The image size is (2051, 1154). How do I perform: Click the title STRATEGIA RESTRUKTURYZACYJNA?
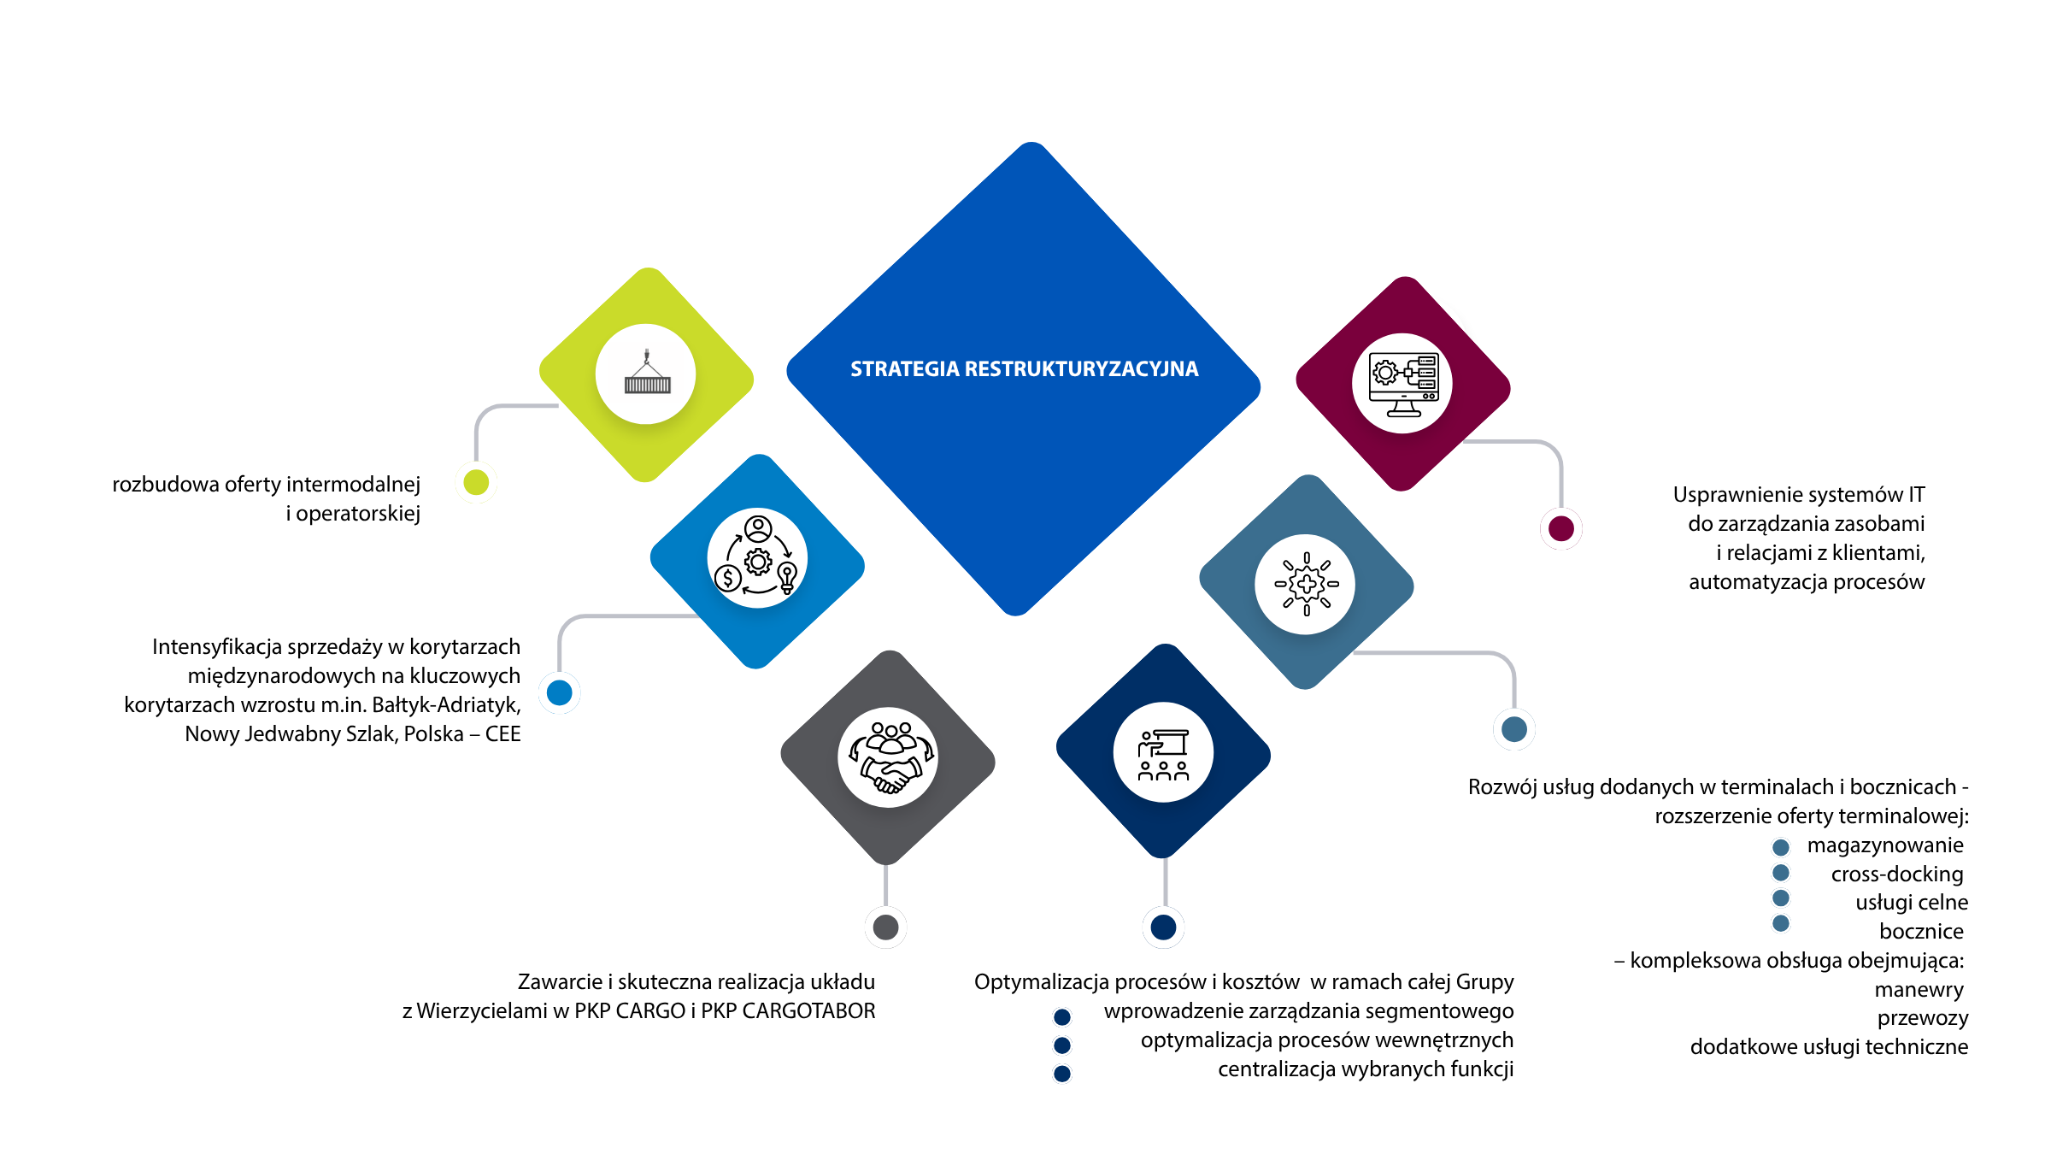tap(1024, 369)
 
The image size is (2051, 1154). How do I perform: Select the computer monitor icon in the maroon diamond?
tap(1403, 385)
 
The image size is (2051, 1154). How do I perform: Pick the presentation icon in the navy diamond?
tap(1163, 755)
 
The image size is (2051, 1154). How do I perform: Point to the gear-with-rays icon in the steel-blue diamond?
tap(1306, 585)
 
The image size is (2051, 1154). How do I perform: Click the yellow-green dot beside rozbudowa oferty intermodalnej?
tap(476, 482)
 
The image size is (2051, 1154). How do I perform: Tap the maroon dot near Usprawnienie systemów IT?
tap(1561, 528)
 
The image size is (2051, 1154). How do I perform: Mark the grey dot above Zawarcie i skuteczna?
tap(886, 927)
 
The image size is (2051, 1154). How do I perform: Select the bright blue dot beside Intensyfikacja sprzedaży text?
tap(560, 692)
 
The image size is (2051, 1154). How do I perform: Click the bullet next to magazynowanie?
tap(1781, 847)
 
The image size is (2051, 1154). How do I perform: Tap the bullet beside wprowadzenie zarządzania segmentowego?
tap(1062, 1017)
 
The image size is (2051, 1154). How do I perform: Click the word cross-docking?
tap(1897, 874)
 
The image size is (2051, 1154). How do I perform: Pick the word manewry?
tap(1919, 990)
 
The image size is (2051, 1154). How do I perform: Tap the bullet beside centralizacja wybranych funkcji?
tap(1062, 1074)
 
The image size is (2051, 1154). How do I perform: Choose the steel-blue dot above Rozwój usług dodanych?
tap(1514, 729)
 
